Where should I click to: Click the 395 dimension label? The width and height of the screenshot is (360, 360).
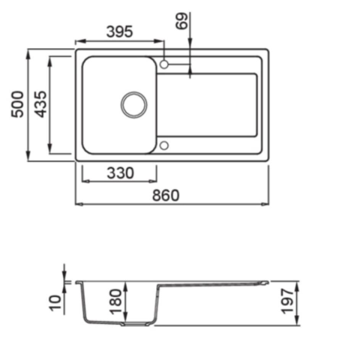click(x=119, y=31)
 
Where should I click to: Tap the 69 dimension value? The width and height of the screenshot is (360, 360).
click(x=181, y=21)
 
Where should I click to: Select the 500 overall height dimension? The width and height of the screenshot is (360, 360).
click(x=17, y=104)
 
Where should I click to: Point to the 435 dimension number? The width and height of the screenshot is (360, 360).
click(x=40, y=104)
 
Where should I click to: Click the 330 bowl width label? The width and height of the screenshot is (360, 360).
click(x=121, y=173)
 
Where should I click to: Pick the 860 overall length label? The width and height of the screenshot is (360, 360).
click(x=166, y=196)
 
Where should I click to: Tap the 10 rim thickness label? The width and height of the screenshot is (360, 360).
click(x=55, y=303)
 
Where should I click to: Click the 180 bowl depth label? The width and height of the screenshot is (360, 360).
click(x=115, y=301)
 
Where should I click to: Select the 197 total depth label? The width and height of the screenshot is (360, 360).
click(x=287, y=301)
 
